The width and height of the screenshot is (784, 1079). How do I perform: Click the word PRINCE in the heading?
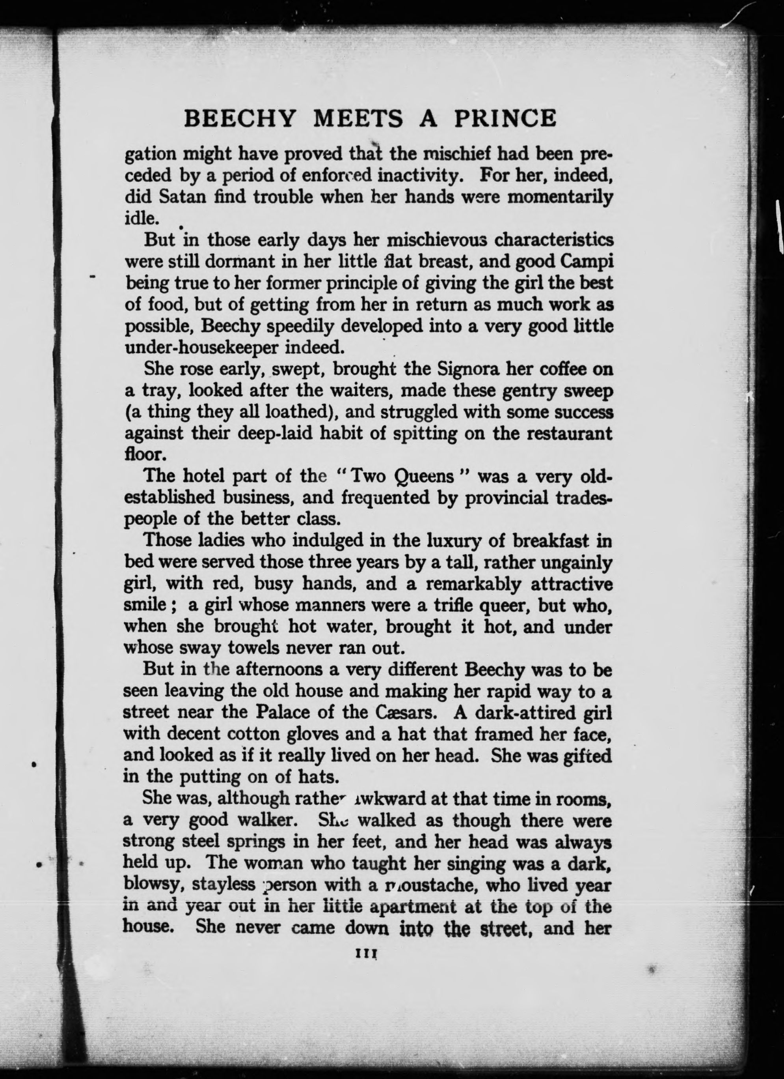[x=505, y=118]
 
